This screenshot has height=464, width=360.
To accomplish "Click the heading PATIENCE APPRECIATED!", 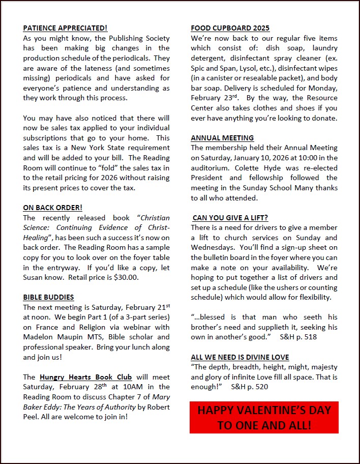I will [x=65, y=28].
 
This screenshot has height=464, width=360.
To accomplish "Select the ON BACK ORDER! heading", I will [x=52, y=208].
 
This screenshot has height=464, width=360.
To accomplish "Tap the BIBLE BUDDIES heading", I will [x=48, y=297].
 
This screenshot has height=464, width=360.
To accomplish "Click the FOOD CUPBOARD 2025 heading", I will [x=230, y=28].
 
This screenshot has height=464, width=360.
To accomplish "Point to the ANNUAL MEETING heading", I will [x=222, y=138].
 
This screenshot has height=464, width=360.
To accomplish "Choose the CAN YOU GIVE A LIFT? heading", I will [x=230, y=218].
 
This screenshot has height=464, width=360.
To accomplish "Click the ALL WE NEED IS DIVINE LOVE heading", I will [x=240, y=357].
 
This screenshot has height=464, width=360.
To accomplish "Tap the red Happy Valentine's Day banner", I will [x=264, y=418].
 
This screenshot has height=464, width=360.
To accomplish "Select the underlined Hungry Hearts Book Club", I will [x=86, y=377].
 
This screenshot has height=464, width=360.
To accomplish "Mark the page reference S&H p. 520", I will [x=249, y=387].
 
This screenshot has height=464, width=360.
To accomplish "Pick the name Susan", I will [x=34, y=277].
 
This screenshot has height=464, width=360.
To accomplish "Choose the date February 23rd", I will [x=212, y=98].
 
